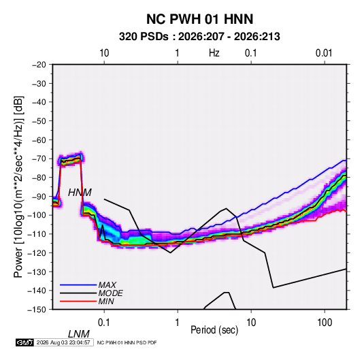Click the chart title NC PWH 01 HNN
199,19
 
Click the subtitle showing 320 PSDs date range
199,37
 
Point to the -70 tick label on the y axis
39,159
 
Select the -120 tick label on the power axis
37,252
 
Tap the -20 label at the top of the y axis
39,65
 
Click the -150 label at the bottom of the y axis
37,310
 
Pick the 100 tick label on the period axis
325,323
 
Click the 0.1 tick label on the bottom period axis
104,323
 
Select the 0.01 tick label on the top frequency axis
324,53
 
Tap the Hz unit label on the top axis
214,53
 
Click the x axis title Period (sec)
214,330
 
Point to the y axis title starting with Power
18,187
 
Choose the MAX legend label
107,285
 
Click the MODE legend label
110,293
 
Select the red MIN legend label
106,301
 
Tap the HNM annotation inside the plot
80,193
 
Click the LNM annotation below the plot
79,334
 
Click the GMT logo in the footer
25,342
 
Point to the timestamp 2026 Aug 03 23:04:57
63,342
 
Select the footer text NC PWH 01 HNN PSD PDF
127,342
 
